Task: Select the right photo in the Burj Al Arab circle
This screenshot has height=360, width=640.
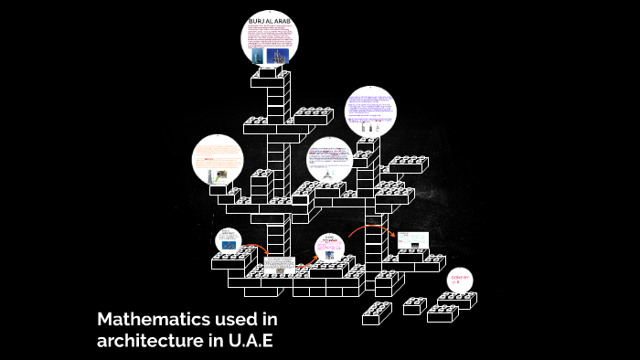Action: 284,55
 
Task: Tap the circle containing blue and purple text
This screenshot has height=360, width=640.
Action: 370,113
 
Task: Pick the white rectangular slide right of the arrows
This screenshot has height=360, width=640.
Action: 413,241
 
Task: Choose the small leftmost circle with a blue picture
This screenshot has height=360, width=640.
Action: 228,241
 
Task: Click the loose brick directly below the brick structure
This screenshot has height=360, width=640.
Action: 377,313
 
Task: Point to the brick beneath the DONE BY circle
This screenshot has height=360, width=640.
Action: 456,302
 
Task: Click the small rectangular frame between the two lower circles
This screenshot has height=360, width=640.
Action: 282,266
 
